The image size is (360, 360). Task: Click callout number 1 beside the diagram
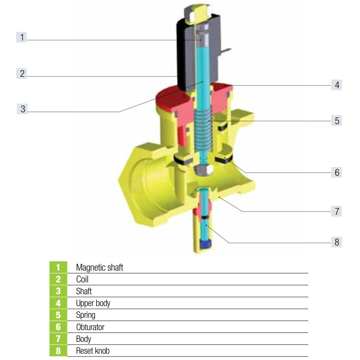22,37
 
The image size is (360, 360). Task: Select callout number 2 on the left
22,74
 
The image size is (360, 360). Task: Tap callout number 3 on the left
22,109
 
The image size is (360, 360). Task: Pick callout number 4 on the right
336,85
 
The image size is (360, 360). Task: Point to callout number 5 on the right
336,121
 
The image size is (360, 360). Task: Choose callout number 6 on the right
336,172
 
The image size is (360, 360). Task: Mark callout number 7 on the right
336,211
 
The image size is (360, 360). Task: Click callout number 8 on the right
336,242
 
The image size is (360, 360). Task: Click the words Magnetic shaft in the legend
100,267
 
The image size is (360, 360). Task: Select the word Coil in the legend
82,279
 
